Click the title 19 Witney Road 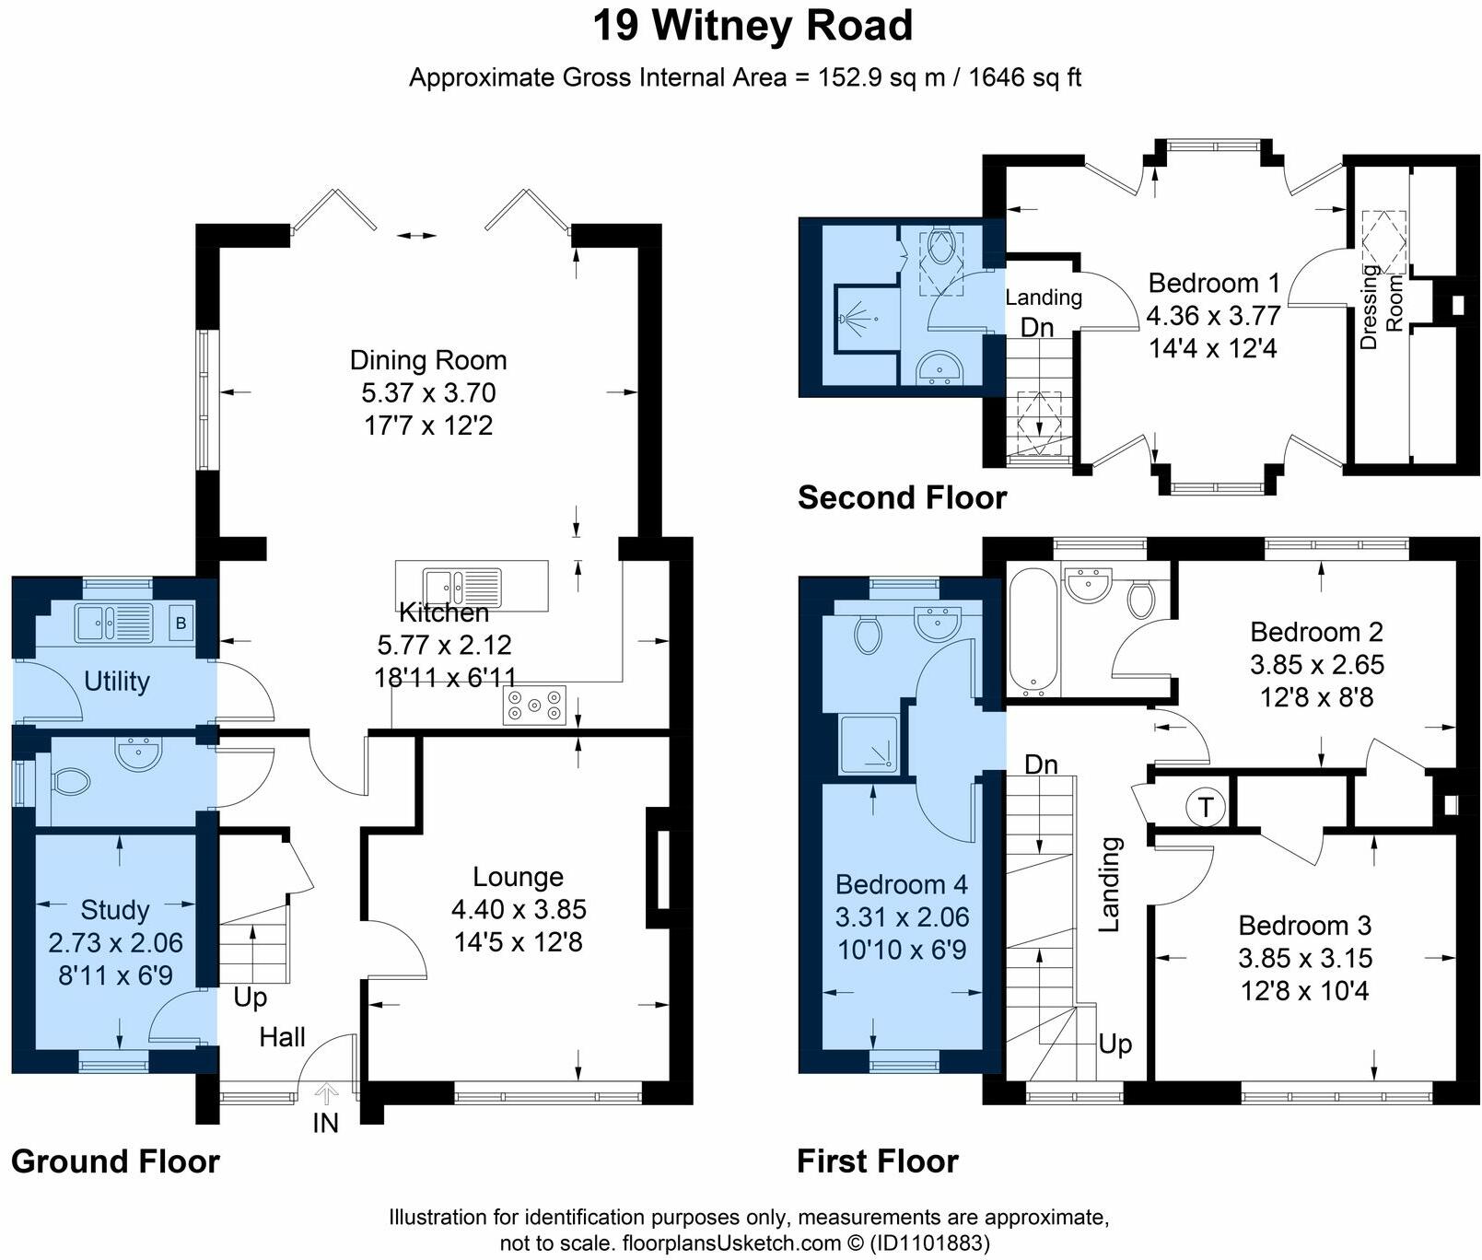tap(753, 26)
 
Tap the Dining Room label tap(428, 360)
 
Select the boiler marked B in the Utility tap(181, 624)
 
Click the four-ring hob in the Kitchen tap(534, 706)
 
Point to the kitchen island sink tap(462, 585)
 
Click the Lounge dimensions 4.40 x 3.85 tap(519, 910)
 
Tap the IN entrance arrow tap(326, 1094)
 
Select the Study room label tap(115, 910)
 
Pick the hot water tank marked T tap(1204, 808)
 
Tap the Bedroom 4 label tap(902, 884)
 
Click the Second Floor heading tap(902, 497)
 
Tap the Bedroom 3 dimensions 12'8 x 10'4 tap(1305, 991)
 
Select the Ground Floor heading tap(115, 1161)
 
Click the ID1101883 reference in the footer tap(929, 1243)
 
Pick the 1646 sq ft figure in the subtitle tap(1025, 77)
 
